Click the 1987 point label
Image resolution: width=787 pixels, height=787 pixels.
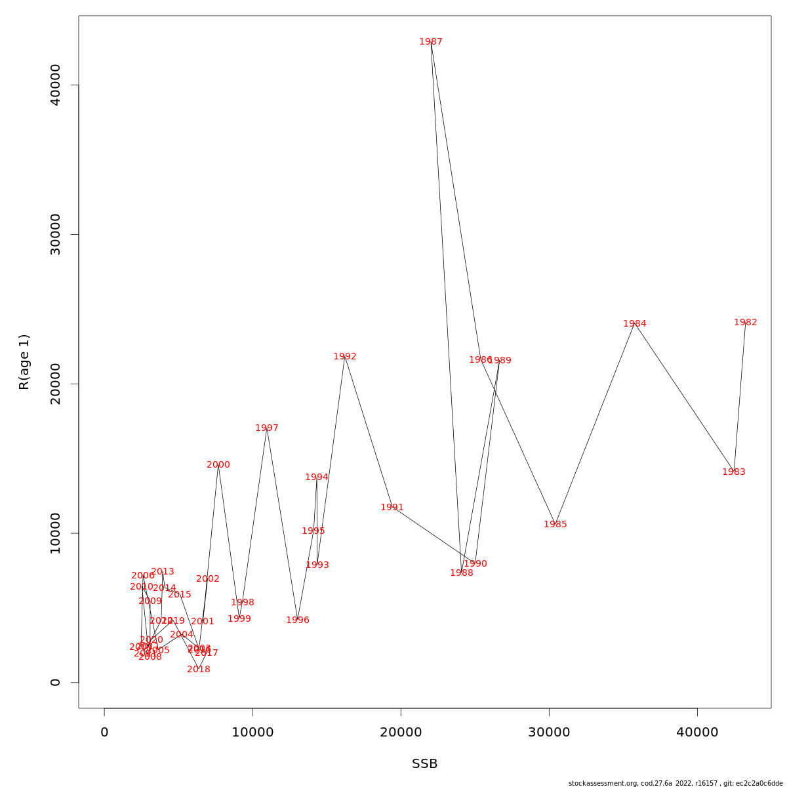[431, 42]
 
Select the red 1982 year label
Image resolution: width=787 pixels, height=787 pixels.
[746, 323]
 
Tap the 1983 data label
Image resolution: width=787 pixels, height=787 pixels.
[734, 472]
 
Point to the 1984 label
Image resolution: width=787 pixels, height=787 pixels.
[635, 324]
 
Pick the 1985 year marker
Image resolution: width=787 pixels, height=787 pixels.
[555, 525]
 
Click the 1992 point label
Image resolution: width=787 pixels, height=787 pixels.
[345, 357]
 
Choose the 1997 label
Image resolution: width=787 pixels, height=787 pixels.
[267, 428]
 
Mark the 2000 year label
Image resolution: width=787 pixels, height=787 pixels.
[218, 465]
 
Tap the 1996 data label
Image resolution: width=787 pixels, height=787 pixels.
[298, 620]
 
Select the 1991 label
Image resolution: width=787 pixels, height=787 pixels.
[392, 508]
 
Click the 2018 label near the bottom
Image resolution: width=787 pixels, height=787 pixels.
[199, 670]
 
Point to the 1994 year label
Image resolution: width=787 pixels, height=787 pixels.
[317, 477]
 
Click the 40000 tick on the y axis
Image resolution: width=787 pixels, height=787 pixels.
[56, 85]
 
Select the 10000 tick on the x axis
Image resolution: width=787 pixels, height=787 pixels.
[252, 733]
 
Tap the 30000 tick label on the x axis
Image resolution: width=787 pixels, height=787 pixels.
[549, 733]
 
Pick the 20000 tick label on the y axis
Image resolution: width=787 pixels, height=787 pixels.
[56, 384]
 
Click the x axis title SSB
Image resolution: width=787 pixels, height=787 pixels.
[425, 764]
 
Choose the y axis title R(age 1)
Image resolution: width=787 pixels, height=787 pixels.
[24, 362]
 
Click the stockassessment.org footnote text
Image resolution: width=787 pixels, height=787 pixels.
[676, 783]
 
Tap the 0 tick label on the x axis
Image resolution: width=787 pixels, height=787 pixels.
[104, 733]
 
